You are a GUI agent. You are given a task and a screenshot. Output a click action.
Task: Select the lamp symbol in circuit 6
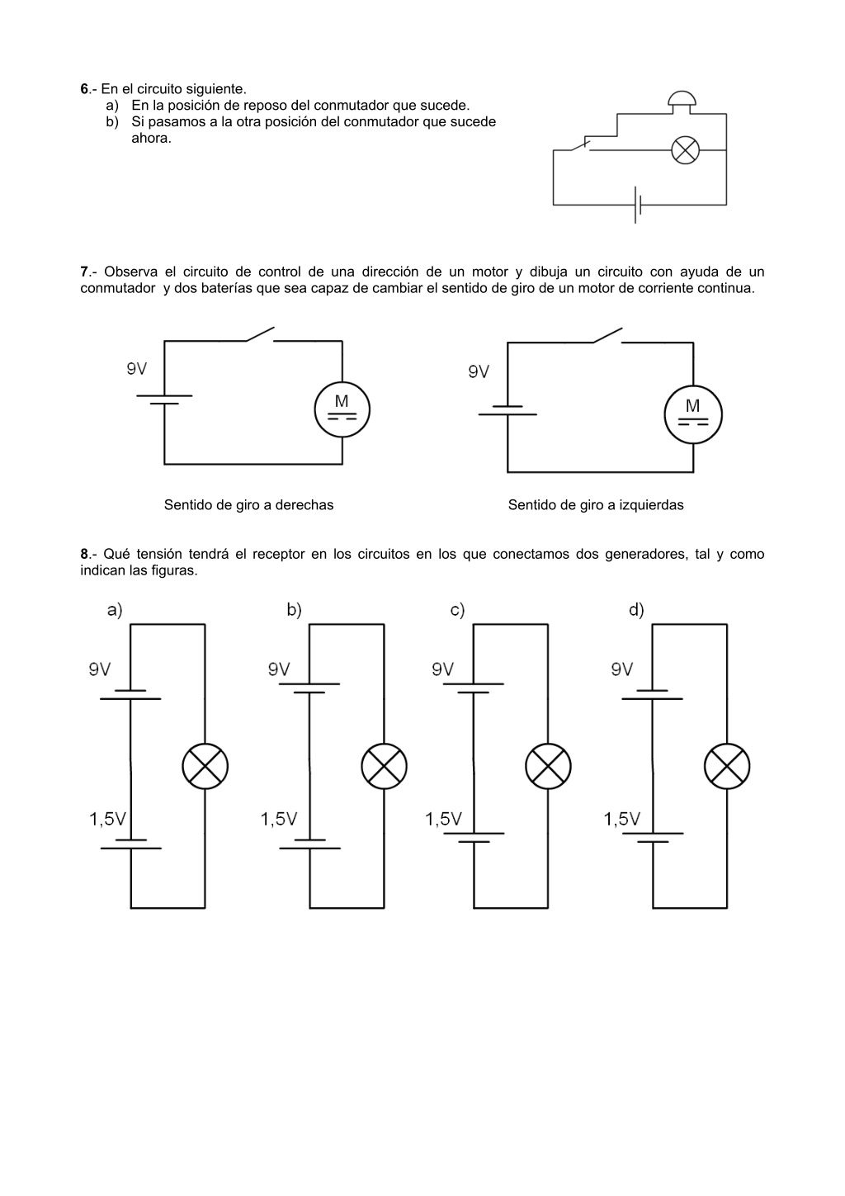(x=685, y=150)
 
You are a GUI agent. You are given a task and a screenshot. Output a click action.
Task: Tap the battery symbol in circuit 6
(x=637, y=205)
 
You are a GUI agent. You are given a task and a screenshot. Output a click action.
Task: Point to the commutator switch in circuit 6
(x=580, y=145)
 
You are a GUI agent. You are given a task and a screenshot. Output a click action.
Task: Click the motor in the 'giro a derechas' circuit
(x=342, y=409)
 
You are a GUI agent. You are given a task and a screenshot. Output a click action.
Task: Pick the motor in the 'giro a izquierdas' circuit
(x=693, y=414)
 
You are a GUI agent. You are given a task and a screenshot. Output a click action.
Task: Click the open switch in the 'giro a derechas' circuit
(x=260, y=334)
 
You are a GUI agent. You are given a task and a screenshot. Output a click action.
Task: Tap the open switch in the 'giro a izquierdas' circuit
(x=607, y=336)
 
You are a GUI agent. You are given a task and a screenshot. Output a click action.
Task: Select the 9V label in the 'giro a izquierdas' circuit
(x=479, y=371)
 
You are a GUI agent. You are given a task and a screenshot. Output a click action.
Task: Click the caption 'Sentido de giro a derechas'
(x=248, y=504)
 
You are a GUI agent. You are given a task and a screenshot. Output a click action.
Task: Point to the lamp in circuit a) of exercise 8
(x=205, y=766)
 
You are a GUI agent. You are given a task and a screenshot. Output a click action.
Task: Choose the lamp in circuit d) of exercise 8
(x=726, y=766)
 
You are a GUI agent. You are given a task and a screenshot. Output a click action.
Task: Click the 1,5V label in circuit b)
(x=279, y=819)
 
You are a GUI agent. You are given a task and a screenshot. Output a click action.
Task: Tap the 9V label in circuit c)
(x=442, y=669)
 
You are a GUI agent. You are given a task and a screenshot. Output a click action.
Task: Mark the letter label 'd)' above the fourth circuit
(x=636, y=609)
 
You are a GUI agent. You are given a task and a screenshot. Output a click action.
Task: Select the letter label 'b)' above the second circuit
(x=294, y=609)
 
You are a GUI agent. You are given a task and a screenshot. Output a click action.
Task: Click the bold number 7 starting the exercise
(x=84, y=272)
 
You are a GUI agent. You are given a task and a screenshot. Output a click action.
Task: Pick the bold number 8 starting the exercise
(x=84, y=554)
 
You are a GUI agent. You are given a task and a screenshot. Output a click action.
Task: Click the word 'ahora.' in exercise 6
(x=152, y=139)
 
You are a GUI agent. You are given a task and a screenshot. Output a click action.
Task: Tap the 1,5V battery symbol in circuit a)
(x=130, y=844)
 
